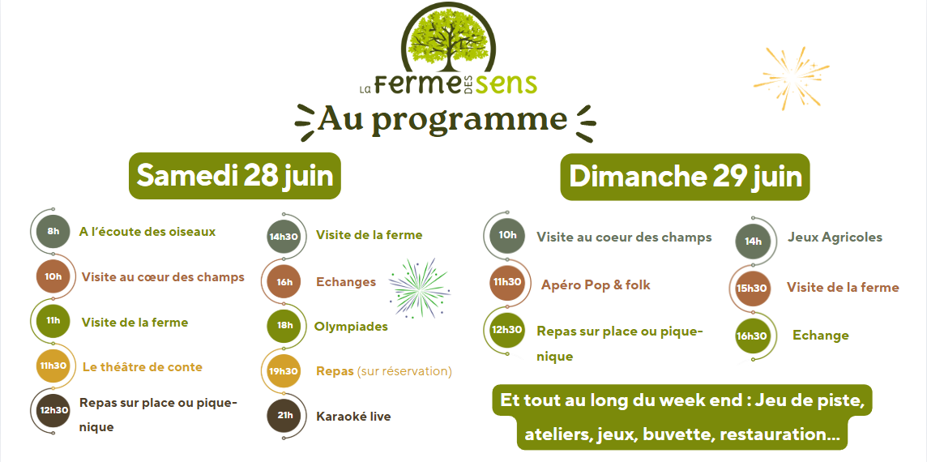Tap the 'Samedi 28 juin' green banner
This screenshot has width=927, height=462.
(235, 176)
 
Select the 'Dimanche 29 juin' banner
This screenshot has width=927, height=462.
(685, 177)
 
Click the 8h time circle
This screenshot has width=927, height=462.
(53, 231)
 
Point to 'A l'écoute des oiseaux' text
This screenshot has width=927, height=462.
(147, 232)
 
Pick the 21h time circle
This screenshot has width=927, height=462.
(284, 416)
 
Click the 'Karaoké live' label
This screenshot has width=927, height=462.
(353, 417)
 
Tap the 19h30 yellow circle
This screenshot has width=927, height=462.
(284, 371)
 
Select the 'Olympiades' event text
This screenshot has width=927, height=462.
(351, 327)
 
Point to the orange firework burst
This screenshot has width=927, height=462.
(790, 78)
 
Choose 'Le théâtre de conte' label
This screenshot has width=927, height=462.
(143, 366)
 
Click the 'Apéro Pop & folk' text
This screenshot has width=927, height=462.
(596, 285)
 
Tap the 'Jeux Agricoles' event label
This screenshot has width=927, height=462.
(835, 237)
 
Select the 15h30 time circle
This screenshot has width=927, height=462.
(752, 288)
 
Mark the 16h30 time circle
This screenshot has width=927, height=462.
(752, 336)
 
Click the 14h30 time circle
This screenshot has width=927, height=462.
(284, 236)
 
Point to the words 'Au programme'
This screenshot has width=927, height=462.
(442, 119)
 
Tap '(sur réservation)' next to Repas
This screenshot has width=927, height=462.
(404, 371)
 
